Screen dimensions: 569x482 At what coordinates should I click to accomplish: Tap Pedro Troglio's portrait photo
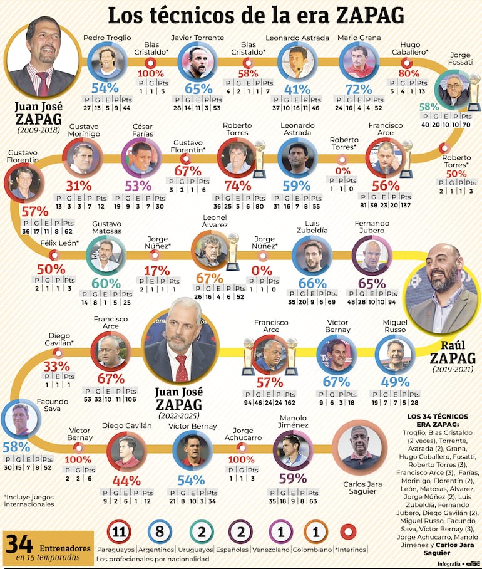(x=106, y=61)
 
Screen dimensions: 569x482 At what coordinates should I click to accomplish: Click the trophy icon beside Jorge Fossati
(x=474, y=91)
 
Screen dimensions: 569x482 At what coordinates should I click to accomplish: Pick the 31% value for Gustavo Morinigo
(x=79, y=185)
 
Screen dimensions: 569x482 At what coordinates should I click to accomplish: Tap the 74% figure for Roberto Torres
(x=238, y=185)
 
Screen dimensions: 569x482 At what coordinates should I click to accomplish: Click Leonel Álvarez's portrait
(x=210, y=250)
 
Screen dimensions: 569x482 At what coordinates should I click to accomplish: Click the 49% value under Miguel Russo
(x=396, y=382)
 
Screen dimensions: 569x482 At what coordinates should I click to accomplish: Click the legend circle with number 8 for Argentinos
(x=160, y=533)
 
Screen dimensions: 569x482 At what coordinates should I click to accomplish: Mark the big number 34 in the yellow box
(x=19, y=543)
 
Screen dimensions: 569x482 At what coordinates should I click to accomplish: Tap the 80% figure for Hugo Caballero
(x=409, y=72)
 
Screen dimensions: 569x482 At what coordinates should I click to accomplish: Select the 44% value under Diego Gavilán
(x=126, y=481)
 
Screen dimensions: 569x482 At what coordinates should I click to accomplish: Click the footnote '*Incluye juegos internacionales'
(x=29, y=499)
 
